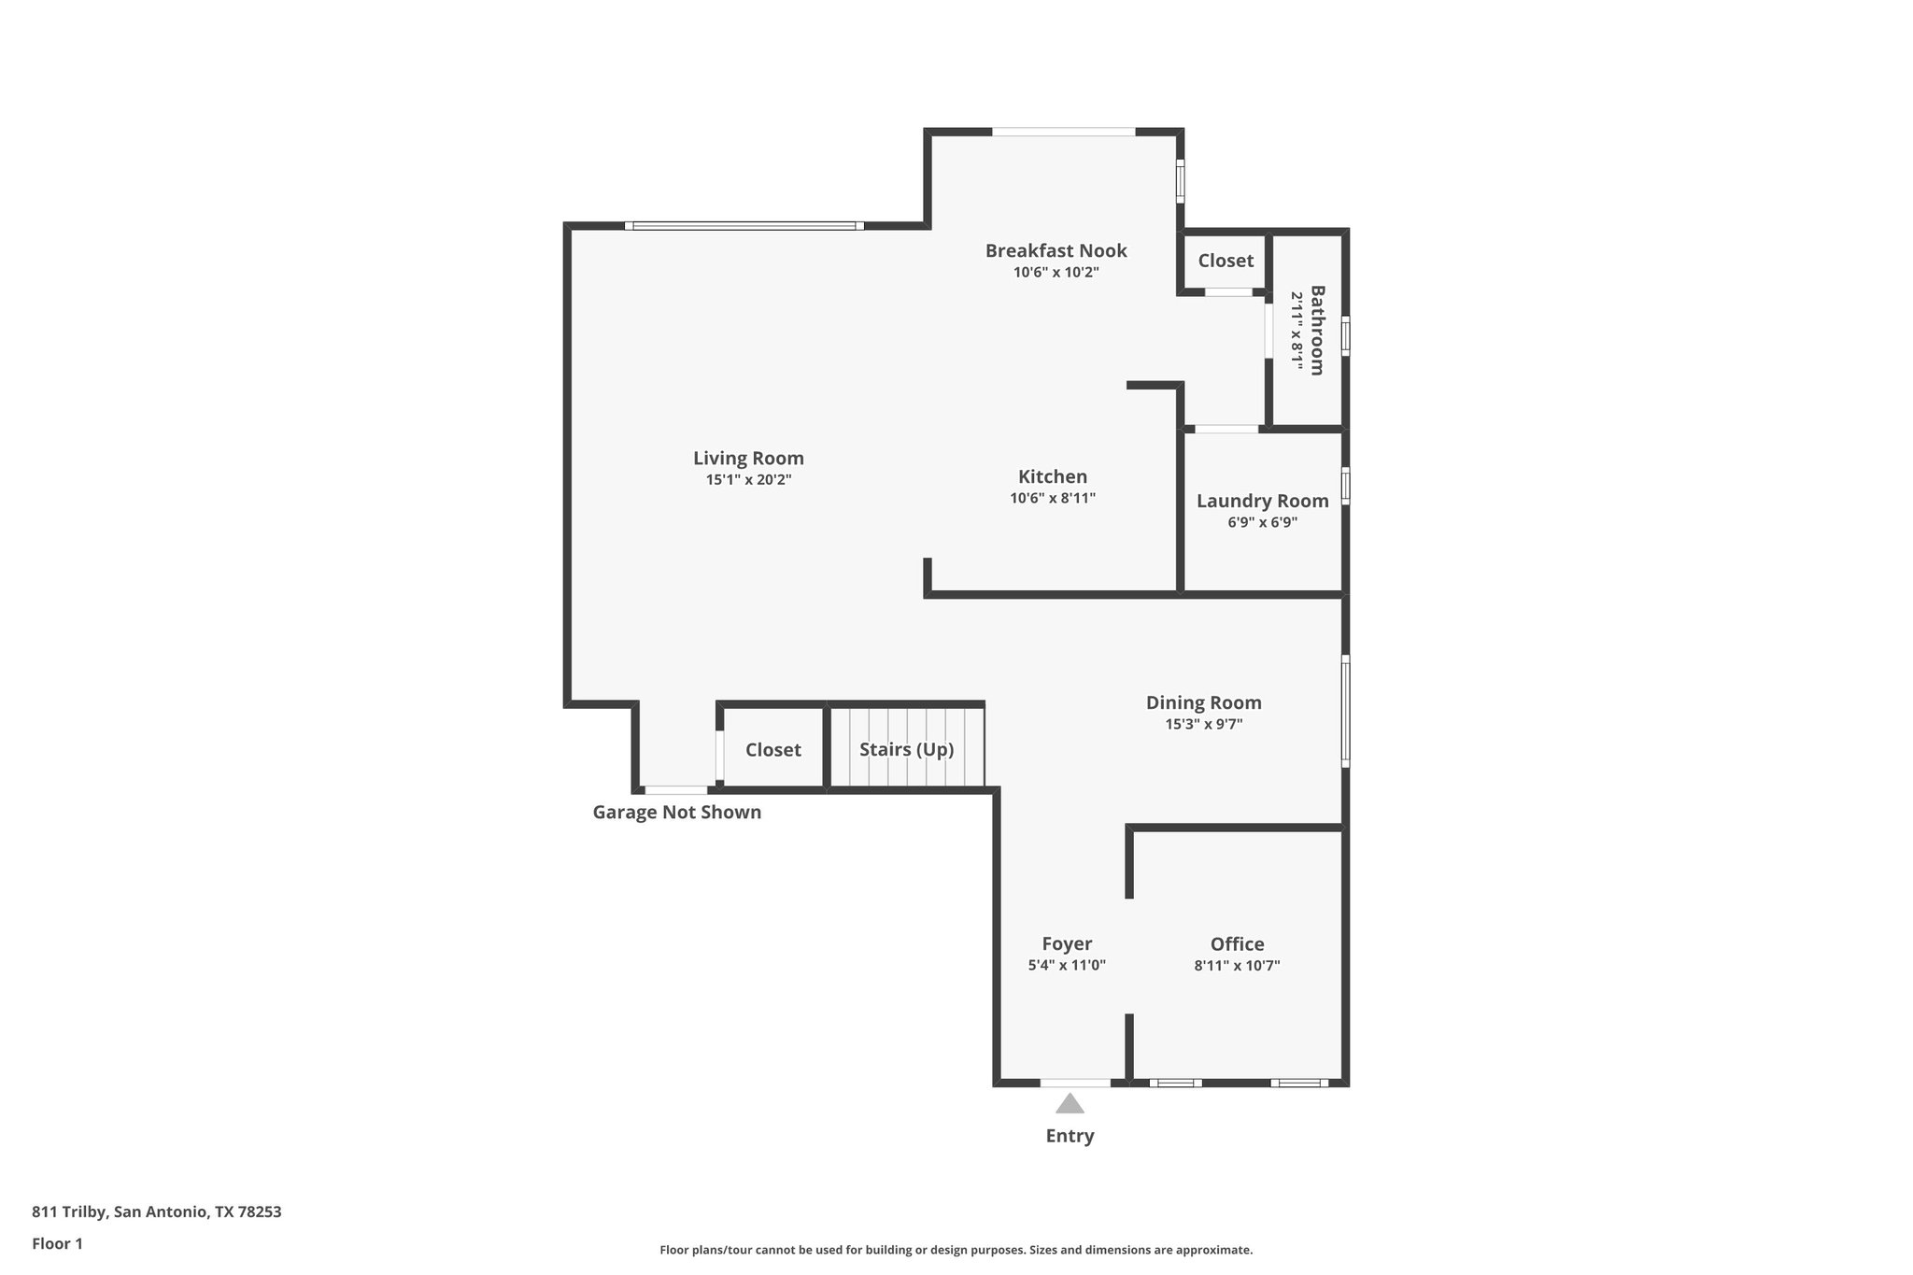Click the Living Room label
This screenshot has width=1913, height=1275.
click(748, 459)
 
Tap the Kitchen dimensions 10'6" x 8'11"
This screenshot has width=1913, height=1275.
click(1052, 499)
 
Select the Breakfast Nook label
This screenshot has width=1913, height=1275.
click(1056, 250)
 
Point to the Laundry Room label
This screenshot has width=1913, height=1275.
click(1262, 501)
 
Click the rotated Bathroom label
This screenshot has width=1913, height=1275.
click(1317, 331)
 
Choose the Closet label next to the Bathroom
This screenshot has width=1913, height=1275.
click(1226, 261)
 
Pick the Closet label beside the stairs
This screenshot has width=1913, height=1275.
click(772, 750)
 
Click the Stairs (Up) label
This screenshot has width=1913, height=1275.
click(906, 750)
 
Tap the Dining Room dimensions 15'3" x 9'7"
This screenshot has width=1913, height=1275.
click(1203, 724)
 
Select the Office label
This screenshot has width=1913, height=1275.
click(1237, 944)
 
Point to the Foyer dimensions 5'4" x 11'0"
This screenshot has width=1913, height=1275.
click(1067, 966)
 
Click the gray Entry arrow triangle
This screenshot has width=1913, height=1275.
click(1070, 1105)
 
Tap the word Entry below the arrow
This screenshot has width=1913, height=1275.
click(1070, 1136)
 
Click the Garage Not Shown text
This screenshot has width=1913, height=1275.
click(676, 813)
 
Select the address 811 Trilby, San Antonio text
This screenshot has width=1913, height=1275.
click(156, 1212)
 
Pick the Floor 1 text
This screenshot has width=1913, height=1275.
click(57, 1244)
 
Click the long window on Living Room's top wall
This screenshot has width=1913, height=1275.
click(744, 226)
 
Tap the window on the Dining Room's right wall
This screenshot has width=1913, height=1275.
click(1345, 711)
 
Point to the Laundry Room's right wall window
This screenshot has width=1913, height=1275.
click(1345, 486)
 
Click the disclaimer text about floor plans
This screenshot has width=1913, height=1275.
click(956, 1250)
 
